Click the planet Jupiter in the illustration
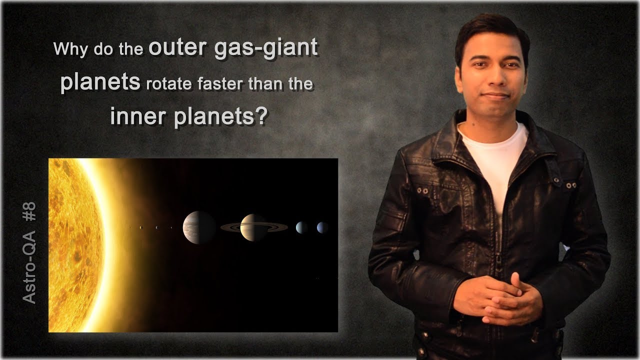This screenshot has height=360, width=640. click(x=199, y=227)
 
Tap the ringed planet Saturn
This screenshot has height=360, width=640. click(x=253, y=227)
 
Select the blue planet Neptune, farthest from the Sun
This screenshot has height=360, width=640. click(x=322, y=227)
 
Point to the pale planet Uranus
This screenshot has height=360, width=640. click(x=301, y=227)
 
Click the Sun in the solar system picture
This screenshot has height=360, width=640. click(x=75, y=245)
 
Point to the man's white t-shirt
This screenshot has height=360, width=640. click(x=495, y=160)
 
